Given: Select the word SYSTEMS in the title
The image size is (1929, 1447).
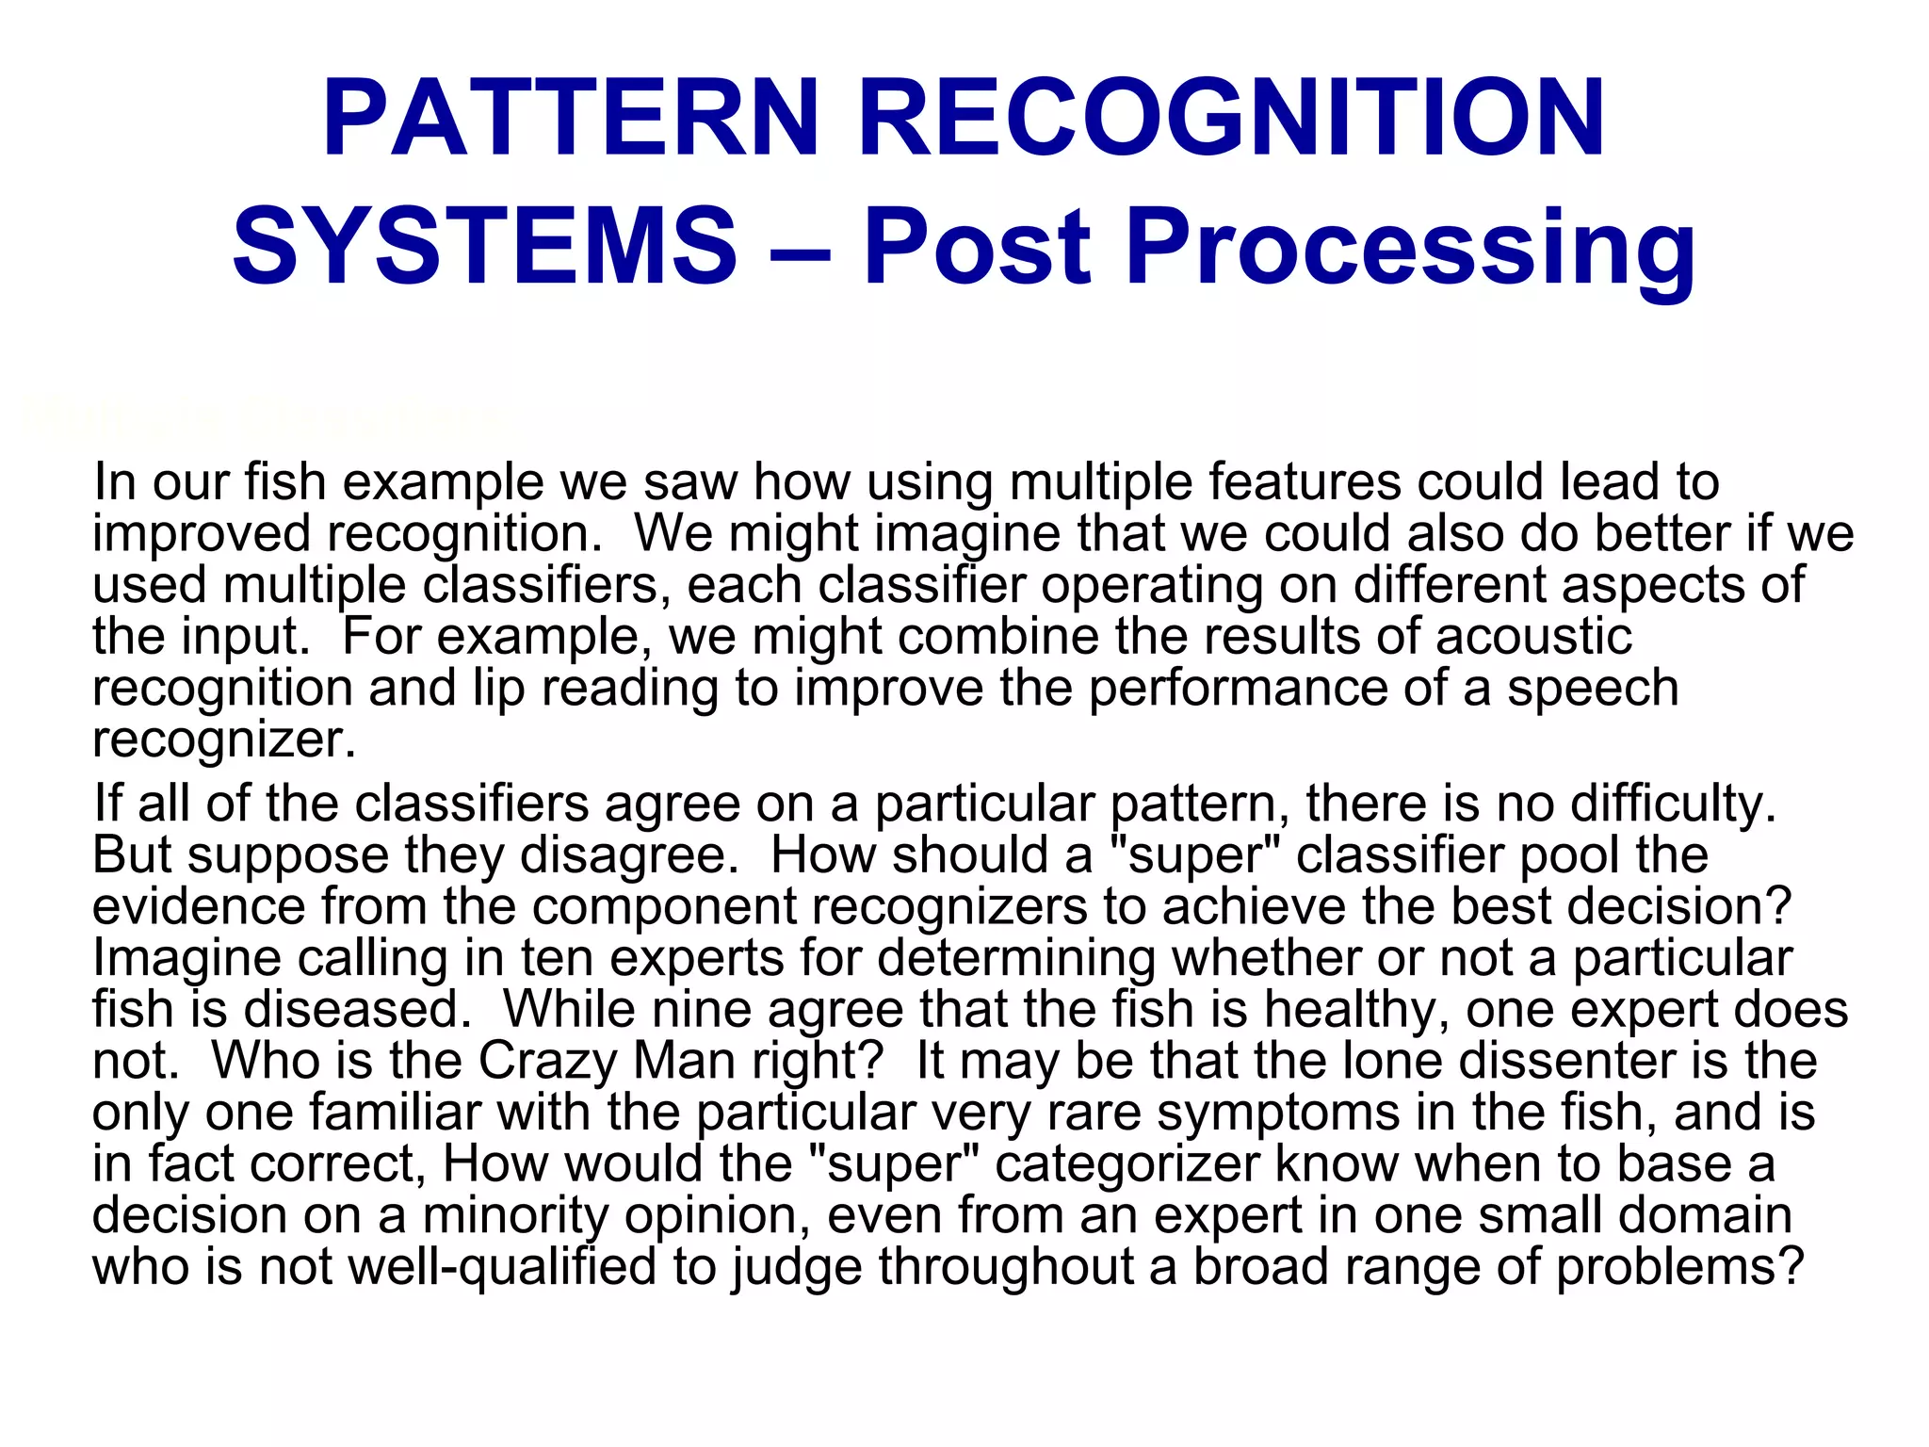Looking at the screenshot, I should [485, 247].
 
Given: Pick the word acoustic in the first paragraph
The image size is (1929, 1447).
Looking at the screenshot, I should [1533, 637].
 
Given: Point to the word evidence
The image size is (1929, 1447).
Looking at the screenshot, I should [199, 906].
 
